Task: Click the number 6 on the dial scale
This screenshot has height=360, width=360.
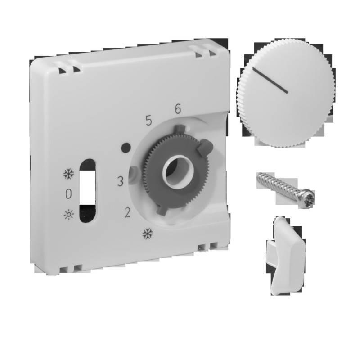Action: [178, 109]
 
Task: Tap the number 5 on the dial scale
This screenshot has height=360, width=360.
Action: [148, 120]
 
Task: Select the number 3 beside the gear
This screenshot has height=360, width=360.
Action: [120, 182]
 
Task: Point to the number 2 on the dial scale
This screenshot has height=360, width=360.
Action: [127, 212]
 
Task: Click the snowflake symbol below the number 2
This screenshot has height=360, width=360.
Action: [147, 234]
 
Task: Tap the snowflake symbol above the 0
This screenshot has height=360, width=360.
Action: [68, 174]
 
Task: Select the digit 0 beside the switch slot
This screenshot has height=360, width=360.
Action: [68, 194]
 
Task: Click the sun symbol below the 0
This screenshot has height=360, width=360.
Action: [68, 214]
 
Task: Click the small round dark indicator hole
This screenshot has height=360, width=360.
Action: [126, 147]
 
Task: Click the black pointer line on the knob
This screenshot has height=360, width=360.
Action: [270, 81]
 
